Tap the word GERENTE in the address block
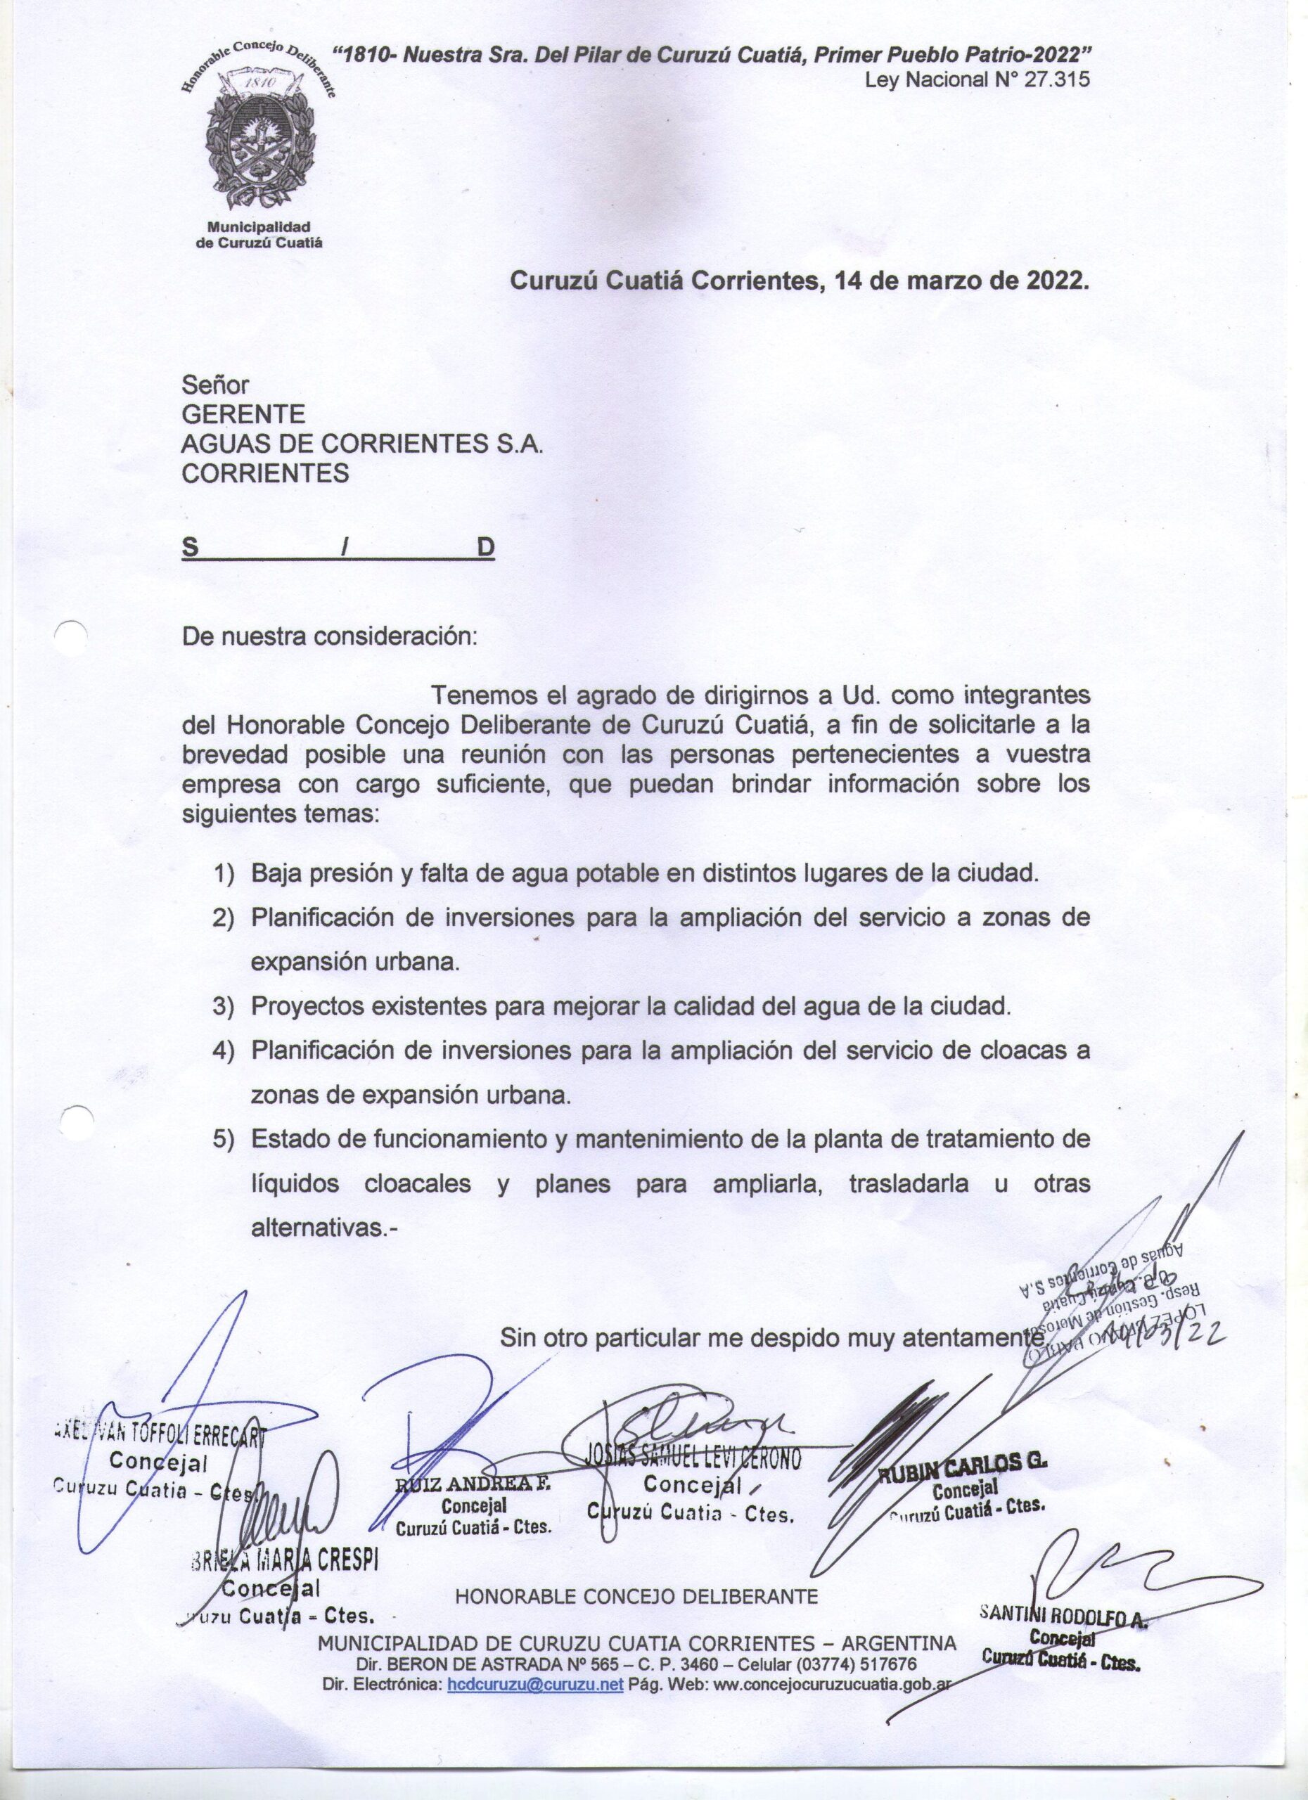[243, 414]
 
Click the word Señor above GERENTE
[215, 385]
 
